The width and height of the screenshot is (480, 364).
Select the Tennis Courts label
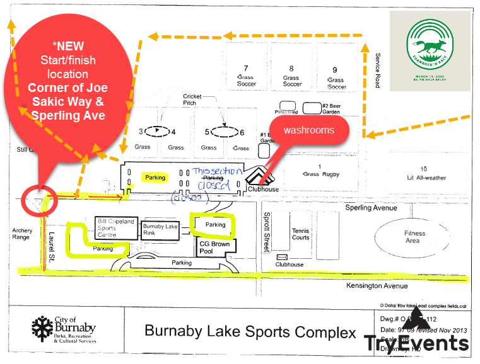tap(300, 234)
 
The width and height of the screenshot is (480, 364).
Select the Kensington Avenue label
tap(376, 285)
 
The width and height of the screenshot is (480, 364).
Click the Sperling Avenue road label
tap(372, 208)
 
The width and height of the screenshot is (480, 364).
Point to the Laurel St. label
tap(52, 244)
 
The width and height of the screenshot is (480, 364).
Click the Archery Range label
tap(22, 234)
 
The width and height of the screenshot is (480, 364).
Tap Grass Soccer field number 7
tap(245, 76)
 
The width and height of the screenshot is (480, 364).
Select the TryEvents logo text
tap(416, 342)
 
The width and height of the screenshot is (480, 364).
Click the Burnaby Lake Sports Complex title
tap(250, 331)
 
